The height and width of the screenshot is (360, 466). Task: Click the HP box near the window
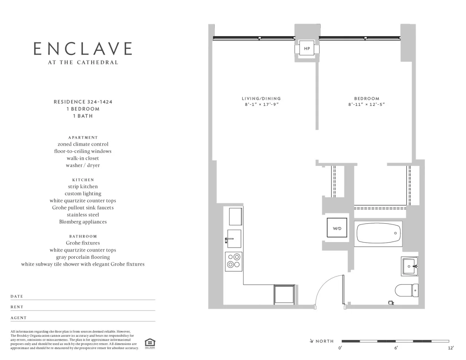click(x=307, y=49)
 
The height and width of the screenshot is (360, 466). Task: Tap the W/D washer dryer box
click(x=337, y=228)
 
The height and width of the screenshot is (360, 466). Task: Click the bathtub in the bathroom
click(x=379, y=233)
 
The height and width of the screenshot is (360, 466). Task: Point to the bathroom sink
click(x=410, y=266)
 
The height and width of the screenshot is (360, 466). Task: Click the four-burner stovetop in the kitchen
click(x=234, y=261)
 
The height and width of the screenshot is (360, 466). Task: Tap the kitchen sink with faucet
click(x=234, y=238)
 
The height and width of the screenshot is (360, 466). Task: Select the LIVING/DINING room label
click(x=261, y=98)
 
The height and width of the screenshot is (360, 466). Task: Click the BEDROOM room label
click(x=367, y=98)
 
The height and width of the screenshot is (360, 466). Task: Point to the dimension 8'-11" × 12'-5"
click(x=367, y=104)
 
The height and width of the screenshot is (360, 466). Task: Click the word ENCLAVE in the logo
click(x=83, y=49)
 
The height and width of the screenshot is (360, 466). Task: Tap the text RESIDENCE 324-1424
click(x=83, y=102)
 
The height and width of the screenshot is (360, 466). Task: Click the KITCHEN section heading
click(x=83, y=180)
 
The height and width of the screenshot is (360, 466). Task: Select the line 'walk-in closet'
click(x=83, y=158)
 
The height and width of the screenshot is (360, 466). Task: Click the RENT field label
click(x=17, y=307)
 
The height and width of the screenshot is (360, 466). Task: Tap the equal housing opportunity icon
click(x=150, y=343)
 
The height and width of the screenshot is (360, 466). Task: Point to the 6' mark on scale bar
click(x=396, y=348)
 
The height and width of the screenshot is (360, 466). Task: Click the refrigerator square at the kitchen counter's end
click(x=284, y=294)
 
